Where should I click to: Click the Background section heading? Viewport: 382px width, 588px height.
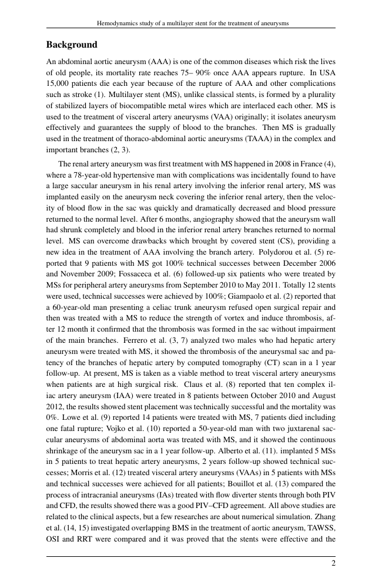click(72, 45)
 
